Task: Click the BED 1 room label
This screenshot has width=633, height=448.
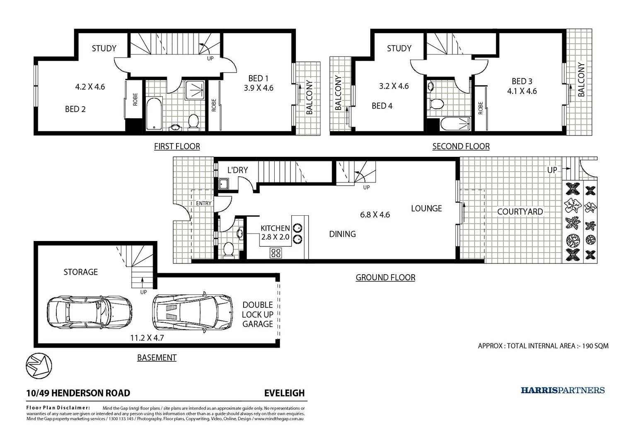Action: [258, 78]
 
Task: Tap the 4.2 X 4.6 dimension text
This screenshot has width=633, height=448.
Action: [90, 87]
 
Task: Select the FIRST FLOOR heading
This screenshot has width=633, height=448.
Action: [177, 146]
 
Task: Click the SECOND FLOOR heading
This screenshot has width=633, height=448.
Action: [461, 146]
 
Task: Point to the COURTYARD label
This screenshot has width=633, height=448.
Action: [520, 212]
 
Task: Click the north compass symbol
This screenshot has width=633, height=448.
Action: [39, 365]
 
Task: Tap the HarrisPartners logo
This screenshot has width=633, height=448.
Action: [562, 390]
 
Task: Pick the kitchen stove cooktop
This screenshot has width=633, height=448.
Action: [275, 253]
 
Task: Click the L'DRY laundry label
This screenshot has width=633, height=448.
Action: [237, 170]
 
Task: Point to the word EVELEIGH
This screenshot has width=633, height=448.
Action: [284, 393]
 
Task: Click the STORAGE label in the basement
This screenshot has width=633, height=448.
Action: [80, 272]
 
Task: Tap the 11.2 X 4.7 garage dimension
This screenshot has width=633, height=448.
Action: [147, 338]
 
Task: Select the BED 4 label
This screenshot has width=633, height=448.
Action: [382, 106]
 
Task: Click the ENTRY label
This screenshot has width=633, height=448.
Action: [203, 203]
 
